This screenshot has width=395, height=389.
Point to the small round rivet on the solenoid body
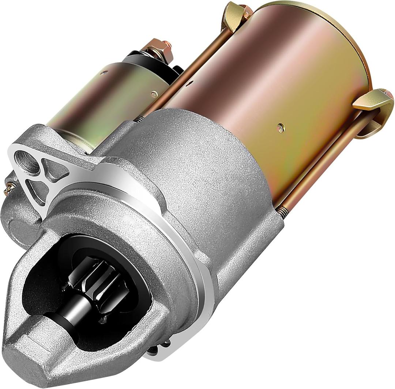[155, 94]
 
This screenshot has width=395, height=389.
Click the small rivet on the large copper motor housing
[281, 128]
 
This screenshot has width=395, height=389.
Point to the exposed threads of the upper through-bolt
[138, 118]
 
